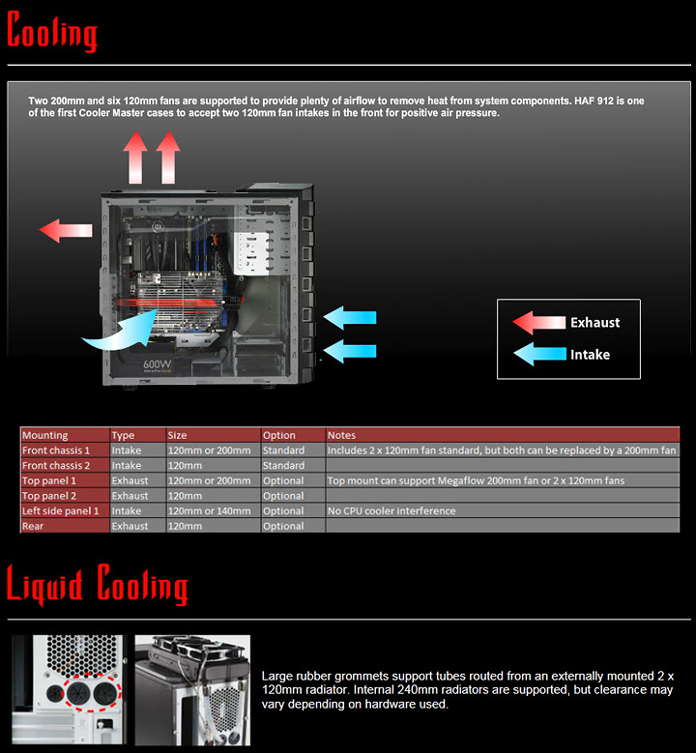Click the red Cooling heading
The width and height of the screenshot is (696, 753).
click(x=52, y=32)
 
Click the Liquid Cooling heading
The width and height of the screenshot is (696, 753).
click(x=97, y=586)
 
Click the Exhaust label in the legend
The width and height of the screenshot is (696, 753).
click(x=594, y=323)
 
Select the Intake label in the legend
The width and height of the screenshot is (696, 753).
click(x=590, y=355)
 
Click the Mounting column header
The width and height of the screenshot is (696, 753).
click(x=45, y=435)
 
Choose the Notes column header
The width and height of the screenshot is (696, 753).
click(x=342, y=435)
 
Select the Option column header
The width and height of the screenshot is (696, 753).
click(x=279, y=435)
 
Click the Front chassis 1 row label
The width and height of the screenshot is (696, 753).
click(x=56, y=450)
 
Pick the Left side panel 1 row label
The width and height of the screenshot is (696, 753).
click(x=61, y=511)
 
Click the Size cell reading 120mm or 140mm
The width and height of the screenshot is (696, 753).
click(x=209, y=511)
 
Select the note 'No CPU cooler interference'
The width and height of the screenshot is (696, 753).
click(x=391, y=511)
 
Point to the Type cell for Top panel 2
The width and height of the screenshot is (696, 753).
click(x=130, y=496)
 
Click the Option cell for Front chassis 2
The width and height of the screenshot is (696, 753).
click(x=284, y=466)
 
